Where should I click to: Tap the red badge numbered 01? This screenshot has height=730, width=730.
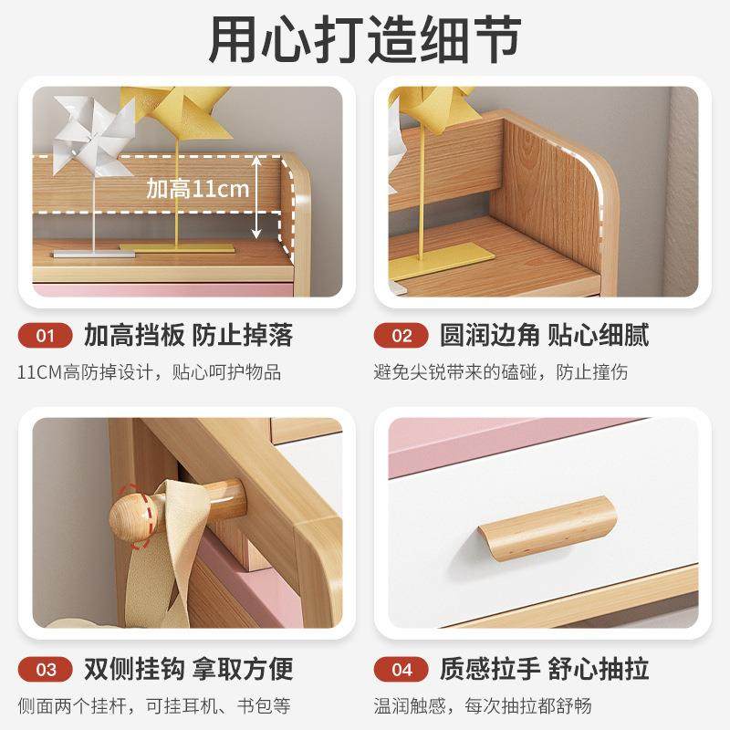tap(45, 336)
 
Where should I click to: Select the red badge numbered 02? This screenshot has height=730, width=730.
tap(402, 336)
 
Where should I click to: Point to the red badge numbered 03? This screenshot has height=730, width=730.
tap(45, 670)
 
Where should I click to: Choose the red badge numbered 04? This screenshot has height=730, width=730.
tap(402, 670)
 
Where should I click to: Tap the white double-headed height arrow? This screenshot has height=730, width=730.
tap(258, 196)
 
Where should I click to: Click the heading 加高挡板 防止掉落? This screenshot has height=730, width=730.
tap(188, 336)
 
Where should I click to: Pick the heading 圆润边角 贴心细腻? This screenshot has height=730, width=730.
tap(544, 336)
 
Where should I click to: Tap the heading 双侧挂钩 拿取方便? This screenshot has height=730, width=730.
tap(188, 670)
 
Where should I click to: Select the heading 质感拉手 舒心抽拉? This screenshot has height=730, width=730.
tap(544, 670)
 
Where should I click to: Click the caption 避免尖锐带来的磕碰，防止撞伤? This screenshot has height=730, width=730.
tap(501, 372)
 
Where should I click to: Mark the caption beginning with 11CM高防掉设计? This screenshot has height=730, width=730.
tap(150, 372)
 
